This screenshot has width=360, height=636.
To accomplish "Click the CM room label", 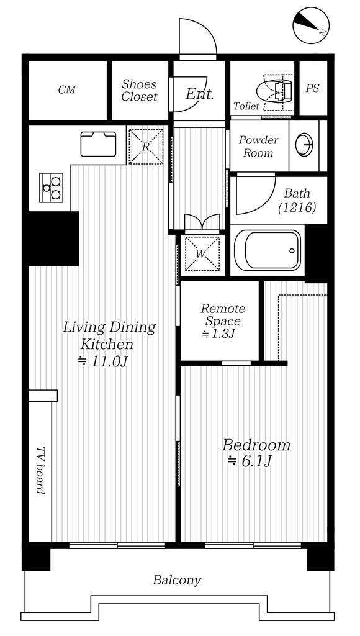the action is tap(67, 89).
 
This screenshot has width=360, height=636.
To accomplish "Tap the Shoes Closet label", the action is tap(139, 91).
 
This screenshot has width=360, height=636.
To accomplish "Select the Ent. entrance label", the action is tap(199, 94).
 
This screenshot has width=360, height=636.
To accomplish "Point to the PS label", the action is tap(312, 88).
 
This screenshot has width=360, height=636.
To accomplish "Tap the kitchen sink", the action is tap(98, 144).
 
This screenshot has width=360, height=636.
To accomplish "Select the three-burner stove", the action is tap(51, 188).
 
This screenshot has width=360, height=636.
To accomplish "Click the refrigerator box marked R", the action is tap(146, 147).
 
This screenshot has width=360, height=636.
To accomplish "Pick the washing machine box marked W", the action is tap(202, 253).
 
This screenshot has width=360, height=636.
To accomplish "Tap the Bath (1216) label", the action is tap(297, 201).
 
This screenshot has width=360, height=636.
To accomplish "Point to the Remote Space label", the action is tap(223, 315).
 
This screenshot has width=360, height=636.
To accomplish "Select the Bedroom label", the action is tap(256, 445).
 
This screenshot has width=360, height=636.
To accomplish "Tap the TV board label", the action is tap(40, 471).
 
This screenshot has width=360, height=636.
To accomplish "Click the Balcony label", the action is tap(177, 581).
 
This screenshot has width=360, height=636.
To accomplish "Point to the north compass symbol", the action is tap(311, 25).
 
